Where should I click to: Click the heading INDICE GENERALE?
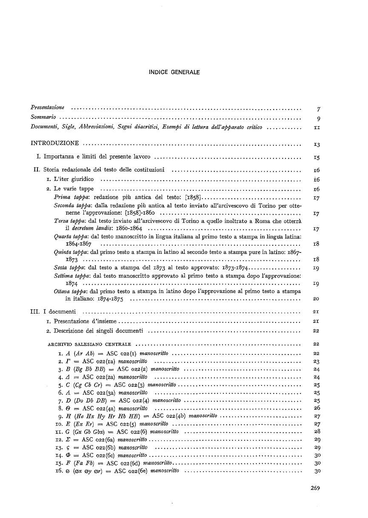pos(174,73)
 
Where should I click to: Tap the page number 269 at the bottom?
pos(315,488)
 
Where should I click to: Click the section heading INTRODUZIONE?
pos(54,143)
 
